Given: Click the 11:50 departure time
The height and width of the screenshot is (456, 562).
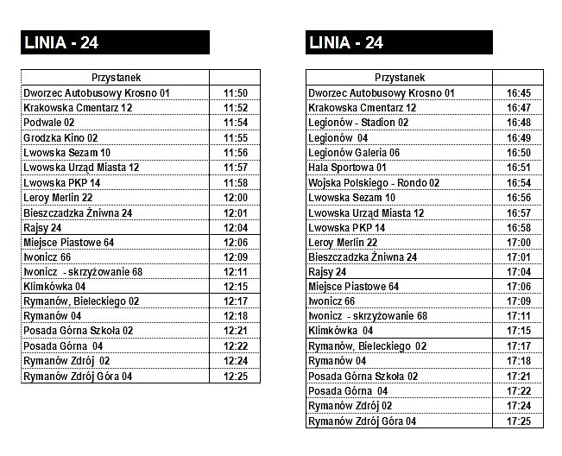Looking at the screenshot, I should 236,93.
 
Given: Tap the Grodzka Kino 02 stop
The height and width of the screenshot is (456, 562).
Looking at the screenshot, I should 60,137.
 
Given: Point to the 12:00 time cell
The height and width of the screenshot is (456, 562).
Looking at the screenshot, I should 236,198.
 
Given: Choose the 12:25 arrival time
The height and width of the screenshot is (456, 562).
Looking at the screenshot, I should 236,377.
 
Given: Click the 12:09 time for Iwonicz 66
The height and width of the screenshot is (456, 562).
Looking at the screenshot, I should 236,257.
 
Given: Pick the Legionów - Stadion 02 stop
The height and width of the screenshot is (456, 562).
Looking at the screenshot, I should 358,123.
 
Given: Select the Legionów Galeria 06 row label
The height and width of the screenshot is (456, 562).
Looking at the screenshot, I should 354,153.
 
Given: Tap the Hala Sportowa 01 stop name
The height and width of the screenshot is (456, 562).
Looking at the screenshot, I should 347,168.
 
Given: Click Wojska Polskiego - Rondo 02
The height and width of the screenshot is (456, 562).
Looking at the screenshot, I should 374,183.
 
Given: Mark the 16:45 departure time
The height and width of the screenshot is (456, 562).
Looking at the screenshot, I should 519,93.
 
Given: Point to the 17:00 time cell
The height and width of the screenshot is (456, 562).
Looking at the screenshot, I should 519,243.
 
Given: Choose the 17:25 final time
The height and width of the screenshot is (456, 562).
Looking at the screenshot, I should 519,421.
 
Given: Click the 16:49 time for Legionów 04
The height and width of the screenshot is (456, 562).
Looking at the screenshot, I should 519,137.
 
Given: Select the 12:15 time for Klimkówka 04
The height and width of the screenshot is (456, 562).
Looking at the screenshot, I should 236,287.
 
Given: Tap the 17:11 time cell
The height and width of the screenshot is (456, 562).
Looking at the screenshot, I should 519,317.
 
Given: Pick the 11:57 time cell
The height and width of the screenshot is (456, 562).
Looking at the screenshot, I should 236,168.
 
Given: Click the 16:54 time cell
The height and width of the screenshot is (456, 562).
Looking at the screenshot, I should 519,183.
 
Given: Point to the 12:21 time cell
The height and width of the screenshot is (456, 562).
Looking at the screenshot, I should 236,332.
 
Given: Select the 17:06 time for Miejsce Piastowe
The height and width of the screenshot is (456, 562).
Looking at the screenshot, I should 519,287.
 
